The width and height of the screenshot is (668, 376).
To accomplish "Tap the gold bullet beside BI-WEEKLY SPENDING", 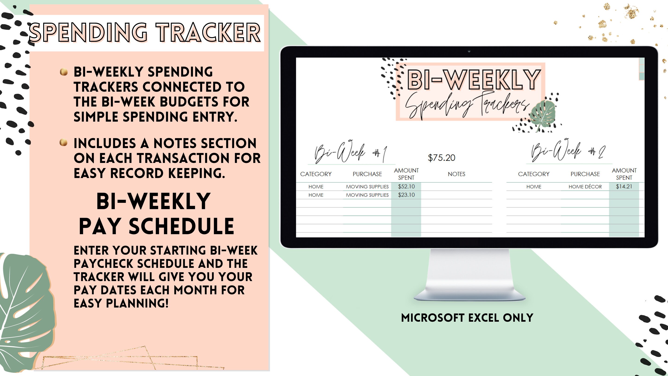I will pyautogui.click(x=64, y=72).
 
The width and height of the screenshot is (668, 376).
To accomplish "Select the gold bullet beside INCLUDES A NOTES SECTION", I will pyautogui.click(x=64, y=143).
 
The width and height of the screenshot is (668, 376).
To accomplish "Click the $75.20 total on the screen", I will pyautogui.click(x=441, y=158).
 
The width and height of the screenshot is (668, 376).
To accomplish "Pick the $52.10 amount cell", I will pyautogui.click(x=406, y=187).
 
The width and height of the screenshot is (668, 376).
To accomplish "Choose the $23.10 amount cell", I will pyautogui.click(x=406, y=195).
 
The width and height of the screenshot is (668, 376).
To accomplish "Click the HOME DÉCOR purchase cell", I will pyautogui.click(x=585, y=187).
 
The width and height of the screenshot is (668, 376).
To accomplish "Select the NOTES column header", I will pyautogui.click(x=456, y=174).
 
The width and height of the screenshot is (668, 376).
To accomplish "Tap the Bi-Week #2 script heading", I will pyautogui.click(x=568, y=152).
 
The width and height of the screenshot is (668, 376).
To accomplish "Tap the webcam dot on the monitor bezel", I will pyautogui.click(x=469, y=51).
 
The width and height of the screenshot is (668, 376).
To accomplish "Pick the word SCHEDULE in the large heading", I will pyautogui.click(x=182, y=226).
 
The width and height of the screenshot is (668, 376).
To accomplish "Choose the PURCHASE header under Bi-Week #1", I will pyautogui.click(x=367, y=174).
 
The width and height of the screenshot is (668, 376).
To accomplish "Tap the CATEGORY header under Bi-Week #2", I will pyautogui.click(x=533, y=174).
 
